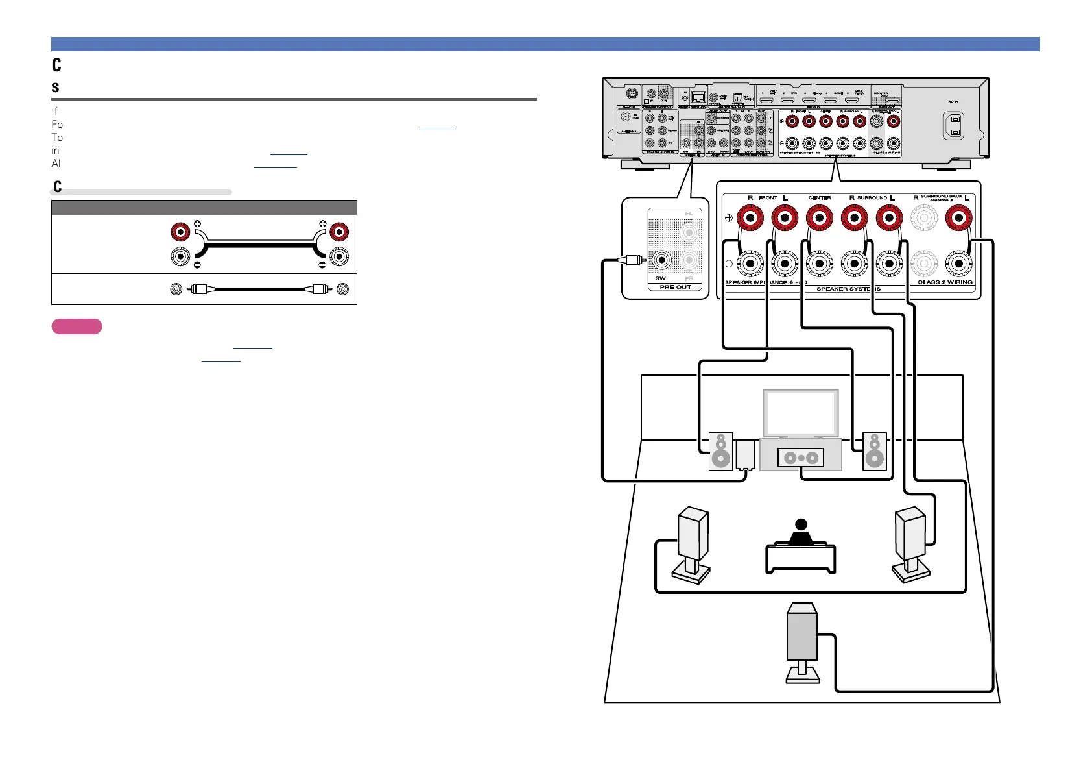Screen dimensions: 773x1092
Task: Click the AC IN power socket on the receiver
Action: [x=953, y=126]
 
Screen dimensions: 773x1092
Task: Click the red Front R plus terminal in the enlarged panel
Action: [x=750, y=218]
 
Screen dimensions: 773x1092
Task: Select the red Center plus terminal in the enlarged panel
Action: [x=819, y=218]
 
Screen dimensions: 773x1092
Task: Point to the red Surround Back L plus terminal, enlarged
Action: [x=958, y=218]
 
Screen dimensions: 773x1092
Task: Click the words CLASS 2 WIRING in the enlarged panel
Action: [x=945, y=282]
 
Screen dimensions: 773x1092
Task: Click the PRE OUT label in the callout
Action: [x=675, y=287]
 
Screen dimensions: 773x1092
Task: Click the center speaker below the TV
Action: [x=801, y=458]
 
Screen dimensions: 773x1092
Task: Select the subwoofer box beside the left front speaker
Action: [x=745, y=455]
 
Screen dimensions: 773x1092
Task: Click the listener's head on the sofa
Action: [x=801, y=524]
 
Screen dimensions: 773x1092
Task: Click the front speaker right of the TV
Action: [x=874, y=451]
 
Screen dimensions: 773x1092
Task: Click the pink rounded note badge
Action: [x=77, y=326]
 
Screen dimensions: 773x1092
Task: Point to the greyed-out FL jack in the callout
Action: [x=689, y=232]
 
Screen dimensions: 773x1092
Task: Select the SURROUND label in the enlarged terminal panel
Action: [x=872, y=197]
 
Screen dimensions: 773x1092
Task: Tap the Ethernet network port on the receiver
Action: [x=698, y=97]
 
